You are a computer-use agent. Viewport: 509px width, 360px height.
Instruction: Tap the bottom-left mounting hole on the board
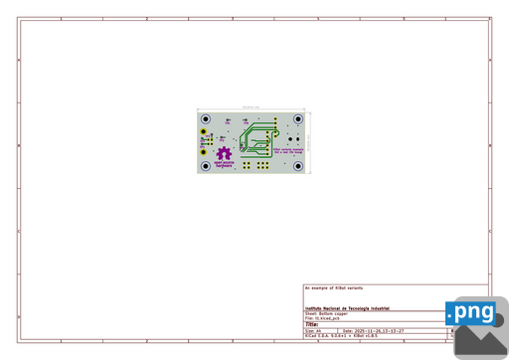coord(206,165)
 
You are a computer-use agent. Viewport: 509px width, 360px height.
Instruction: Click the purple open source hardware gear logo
coord(224,153)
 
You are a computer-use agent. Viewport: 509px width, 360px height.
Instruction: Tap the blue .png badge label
coord(471,313)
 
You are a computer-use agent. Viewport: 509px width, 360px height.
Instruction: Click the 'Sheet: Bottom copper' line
coord(327,313)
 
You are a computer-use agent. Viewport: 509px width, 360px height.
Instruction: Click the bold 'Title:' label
coord(311,324)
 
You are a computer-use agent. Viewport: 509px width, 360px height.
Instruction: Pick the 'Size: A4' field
coord(314,331)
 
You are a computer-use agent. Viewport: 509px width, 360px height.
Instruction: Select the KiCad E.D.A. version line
coord(343,337)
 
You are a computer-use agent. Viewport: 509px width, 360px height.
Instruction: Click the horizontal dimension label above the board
coord(250,106)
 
